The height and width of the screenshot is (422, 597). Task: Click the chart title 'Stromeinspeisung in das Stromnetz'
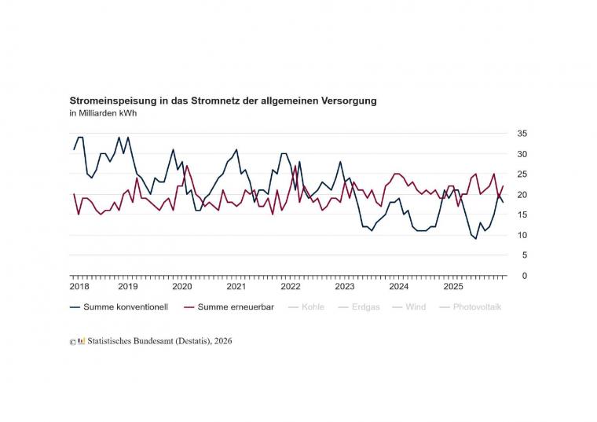click(223, 101)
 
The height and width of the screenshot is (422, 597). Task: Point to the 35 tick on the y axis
click(522, 134)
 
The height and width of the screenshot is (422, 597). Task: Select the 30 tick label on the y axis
click(522, 154)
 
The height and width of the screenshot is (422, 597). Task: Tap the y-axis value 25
click(522, 174)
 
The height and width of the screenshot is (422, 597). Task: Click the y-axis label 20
click(522, 195)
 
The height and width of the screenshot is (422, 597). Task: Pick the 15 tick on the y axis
click(522, 215)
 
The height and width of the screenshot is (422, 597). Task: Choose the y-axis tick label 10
click(522, 236)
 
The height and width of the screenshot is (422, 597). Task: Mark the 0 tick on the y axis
click(524, 276)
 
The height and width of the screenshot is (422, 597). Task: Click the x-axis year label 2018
click(79, 287)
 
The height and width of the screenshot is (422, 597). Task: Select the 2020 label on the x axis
click(181, 287)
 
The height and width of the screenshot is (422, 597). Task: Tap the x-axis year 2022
click(290, 287)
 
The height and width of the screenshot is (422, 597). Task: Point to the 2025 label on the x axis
click(452, 287)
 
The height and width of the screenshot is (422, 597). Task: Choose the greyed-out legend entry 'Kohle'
click(313, 307)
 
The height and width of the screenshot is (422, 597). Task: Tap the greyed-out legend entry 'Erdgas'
click(364, 307)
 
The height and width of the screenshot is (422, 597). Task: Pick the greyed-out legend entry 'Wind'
click(416, 307)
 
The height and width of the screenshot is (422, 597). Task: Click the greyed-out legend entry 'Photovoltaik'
click(477, 307)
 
